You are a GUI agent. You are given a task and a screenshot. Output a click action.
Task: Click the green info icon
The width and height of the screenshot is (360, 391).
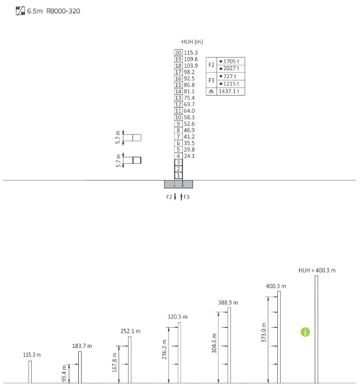(305, 332)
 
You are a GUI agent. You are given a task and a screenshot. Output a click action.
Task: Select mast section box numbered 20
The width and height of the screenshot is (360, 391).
(178, 53)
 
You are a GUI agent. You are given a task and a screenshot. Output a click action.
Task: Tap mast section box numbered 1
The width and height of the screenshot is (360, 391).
(178, 175)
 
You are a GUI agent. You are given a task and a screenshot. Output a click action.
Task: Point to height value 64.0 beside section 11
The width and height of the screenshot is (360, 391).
(190, 111)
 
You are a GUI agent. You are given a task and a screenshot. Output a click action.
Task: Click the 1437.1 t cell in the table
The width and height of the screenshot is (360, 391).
(229, 92)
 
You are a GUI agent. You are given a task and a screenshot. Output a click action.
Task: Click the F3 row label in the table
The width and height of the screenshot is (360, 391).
(211, 80)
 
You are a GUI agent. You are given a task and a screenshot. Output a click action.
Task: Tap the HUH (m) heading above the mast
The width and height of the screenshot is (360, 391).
(192, 42)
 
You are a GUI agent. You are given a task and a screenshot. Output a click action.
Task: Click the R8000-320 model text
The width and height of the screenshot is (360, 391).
(63, 11)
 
